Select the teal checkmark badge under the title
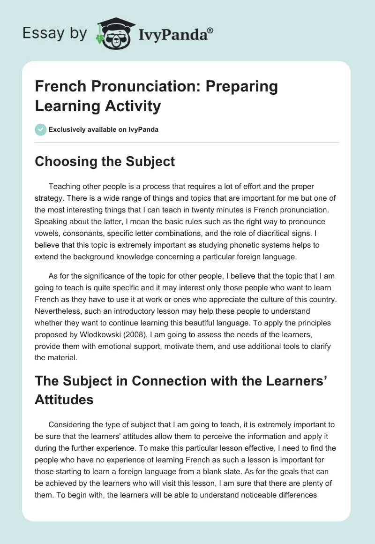[x=41, y=129]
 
